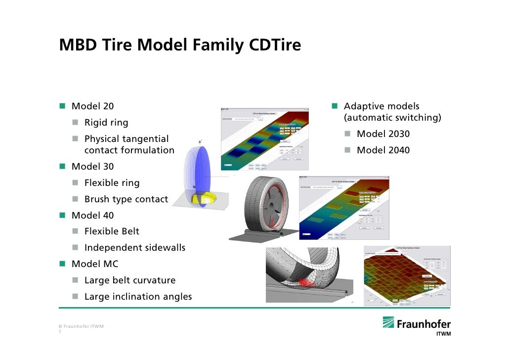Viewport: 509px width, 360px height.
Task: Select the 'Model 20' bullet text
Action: pos(92,106)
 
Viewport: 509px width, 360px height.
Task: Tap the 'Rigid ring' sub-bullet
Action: pos(106,123)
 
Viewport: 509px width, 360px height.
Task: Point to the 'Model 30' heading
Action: pos(92,167)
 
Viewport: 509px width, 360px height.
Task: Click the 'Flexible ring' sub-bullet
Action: pos(112,183)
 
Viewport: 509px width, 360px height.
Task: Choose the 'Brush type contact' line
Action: pos(126,199)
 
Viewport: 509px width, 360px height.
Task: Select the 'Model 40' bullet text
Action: pos(92,216)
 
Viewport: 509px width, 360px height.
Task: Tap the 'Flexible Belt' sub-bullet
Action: pos(112,231)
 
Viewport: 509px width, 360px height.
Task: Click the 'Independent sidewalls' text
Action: pos(134,248)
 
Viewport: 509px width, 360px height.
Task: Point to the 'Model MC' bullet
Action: pos(95,264)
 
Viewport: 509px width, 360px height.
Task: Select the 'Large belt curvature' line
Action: pos(129,280)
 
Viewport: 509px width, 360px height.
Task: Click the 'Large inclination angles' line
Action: pos(138,297)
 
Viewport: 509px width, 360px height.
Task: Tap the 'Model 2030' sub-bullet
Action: pos(383,134)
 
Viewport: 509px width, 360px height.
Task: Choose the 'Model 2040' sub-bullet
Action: pos(383,150)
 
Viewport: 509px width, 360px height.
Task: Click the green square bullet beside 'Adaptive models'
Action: pos(335,106)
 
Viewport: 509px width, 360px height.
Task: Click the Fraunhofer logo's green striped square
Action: pos(388,323)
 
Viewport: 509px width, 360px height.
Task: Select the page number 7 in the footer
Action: pos(60,332)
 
